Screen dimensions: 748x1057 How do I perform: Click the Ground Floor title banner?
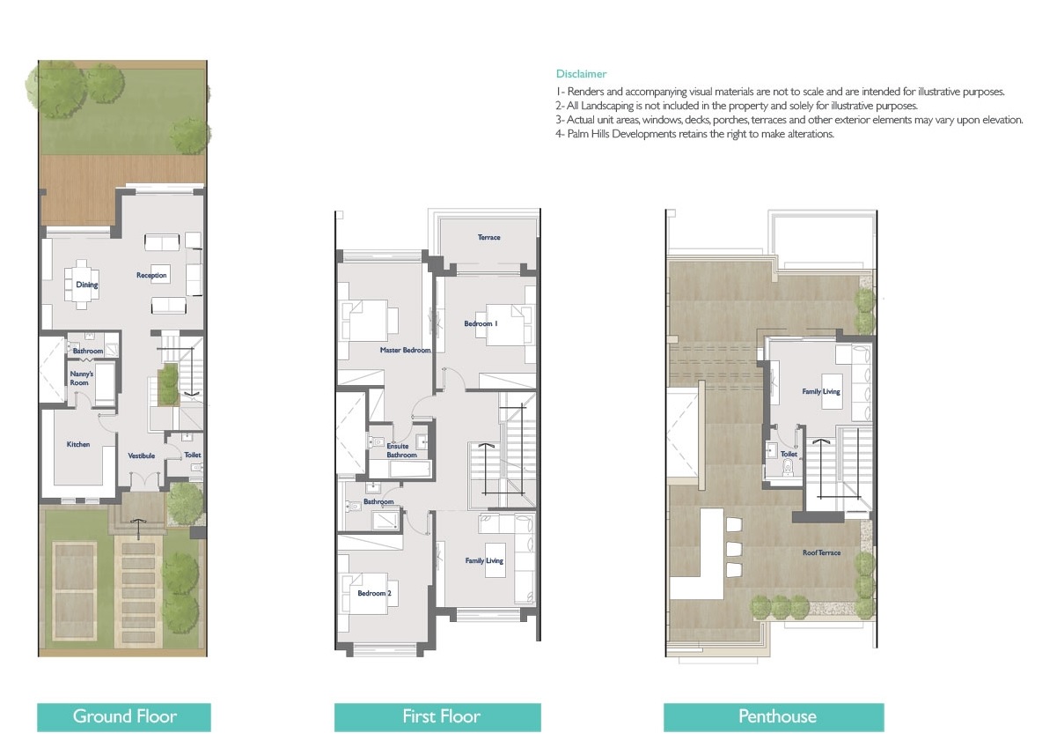124,716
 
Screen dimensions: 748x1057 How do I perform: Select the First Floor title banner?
437,716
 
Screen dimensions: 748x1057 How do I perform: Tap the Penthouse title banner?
774,716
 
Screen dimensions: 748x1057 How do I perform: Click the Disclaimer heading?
581,74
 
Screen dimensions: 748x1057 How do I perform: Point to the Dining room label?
86,285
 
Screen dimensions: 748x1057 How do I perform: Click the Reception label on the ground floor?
151,276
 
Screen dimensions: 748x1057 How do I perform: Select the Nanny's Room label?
79,378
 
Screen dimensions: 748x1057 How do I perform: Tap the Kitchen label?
78,444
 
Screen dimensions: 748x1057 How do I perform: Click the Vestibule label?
142,455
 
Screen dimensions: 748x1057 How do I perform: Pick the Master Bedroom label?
405,351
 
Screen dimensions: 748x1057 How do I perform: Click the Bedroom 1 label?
481,324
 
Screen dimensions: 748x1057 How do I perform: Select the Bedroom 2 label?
374,593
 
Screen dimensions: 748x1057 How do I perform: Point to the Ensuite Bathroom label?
401,451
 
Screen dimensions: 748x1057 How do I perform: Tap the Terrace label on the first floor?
488,237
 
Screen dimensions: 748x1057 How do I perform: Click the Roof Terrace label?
821,553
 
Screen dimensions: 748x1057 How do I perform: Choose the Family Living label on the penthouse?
820,391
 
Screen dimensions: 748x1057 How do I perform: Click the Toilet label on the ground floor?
192,455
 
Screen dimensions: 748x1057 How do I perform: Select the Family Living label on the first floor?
484,560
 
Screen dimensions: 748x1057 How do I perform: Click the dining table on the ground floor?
81,283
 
